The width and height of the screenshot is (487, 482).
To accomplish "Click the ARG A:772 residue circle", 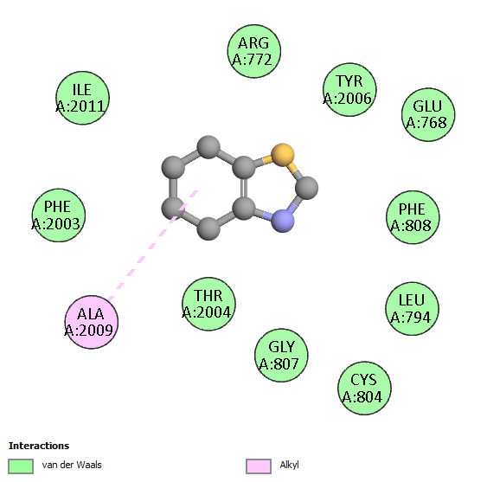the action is pyautogui.click(x=254, y=51).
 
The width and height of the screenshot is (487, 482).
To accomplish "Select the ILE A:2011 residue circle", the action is pyautogui.click(x=83, y=98).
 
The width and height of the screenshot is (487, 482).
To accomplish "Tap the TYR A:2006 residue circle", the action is pyautogui.click(x=349, y=90).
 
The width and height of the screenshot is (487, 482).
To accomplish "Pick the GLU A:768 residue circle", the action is pyautogui.click(x=428, y=115).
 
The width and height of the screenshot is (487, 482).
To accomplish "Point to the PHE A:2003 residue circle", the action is pyautogui.click(x=59, y=215).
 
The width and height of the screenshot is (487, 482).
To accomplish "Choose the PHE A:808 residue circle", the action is pyautogui.click(x=413, y=217).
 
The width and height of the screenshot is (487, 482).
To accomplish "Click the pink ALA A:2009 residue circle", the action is pyautogui.click(x=92, y=322).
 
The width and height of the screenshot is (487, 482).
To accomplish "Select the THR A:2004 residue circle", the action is pyautogui.click(x=208, y=304).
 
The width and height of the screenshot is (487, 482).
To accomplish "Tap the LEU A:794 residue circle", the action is pyautogui.click(x=412, y=309).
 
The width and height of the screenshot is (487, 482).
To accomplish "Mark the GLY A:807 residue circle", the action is pyautogui.click(x=281, y=355).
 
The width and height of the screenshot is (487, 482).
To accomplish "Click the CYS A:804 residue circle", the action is pyautogui.click(x=364, y=389).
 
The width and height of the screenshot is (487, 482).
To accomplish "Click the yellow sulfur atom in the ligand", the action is pyautogui.click(x=283, y=155).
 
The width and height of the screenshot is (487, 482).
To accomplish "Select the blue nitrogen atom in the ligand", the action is pyautogui.click(x=283, y=221).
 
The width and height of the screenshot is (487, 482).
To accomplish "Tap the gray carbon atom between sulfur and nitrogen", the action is pyautogui.click(x=306, y=188).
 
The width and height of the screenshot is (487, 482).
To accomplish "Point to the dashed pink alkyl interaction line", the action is pyautogui.click(x=153, y=246).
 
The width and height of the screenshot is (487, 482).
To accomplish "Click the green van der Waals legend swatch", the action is pyautogui.click(x=21, y=466).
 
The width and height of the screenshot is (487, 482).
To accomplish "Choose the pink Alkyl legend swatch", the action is pyautogui.click(x=259, y=466).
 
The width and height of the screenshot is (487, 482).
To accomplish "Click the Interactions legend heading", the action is pyautogui.click(x=39, y=446).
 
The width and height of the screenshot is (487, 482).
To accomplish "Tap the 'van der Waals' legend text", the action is pyautogui.click(x=72, y=465).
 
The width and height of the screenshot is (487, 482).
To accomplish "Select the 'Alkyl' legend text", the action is pyautogui.click(x=289, y=466).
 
